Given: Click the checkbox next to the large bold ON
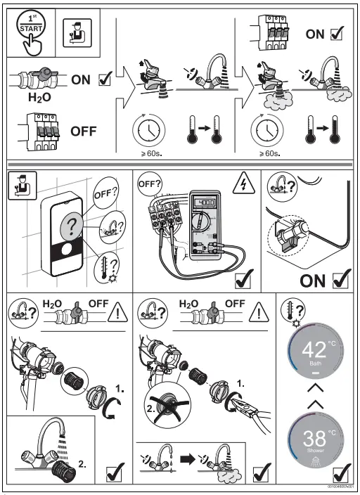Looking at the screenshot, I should pos(340,281).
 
